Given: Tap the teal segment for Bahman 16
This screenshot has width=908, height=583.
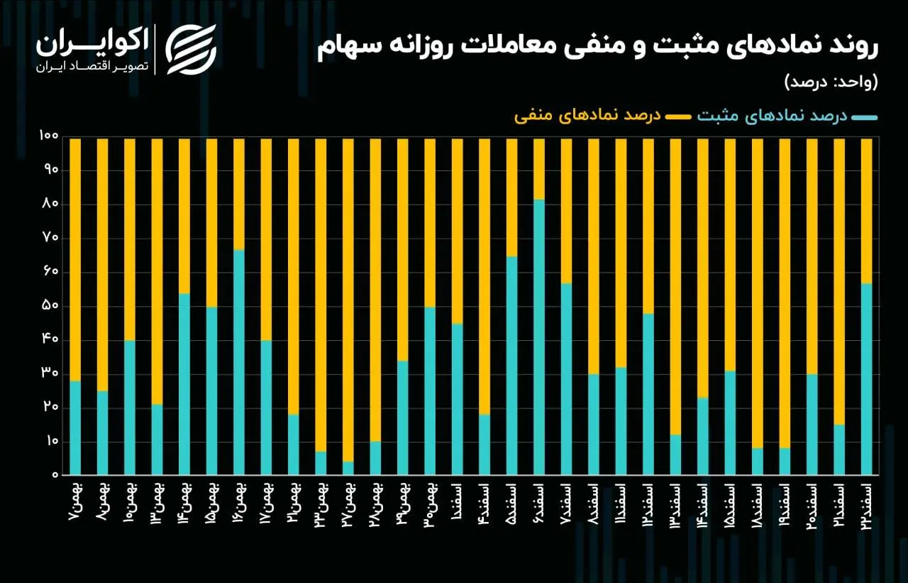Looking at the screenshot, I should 239,362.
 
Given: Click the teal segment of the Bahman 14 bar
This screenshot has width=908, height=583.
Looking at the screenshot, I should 184,383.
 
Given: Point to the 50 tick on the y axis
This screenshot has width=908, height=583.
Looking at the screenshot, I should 49,306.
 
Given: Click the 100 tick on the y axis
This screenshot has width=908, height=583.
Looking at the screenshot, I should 48,136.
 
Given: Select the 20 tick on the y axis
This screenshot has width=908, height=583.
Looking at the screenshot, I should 49,407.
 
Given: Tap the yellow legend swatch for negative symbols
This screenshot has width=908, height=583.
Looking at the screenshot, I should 677,116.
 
